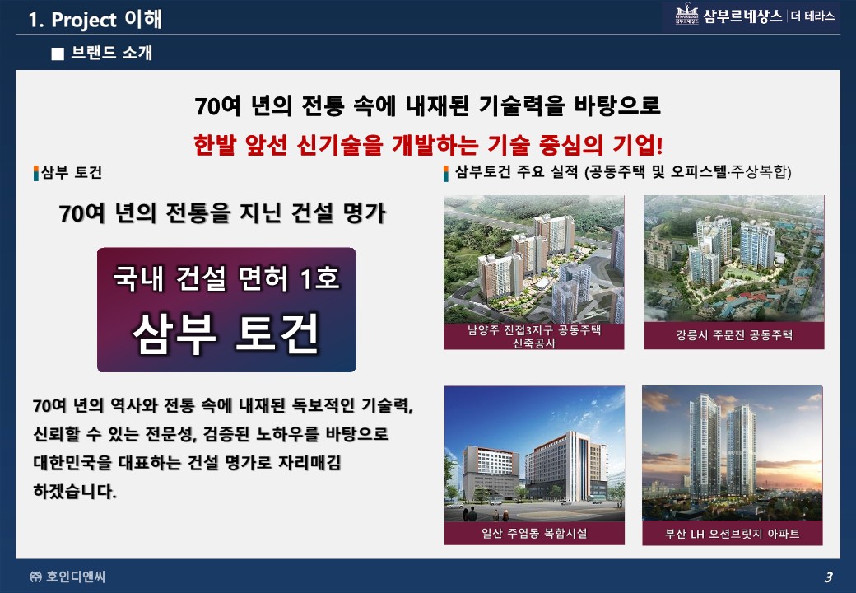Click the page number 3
tap(828, 577)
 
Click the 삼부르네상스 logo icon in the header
tap(686, 15)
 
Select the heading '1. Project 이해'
tap(95, 19)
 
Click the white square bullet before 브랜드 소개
tap(58, 54)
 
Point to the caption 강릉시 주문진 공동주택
tap(733, 334)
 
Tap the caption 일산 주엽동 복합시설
tap(534, 533)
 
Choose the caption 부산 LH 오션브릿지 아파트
tap(732, 534)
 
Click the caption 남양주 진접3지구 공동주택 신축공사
tap(534, 336)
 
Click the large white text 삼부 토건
tap(226, 334)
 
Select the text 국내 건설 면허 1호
tap(226, 278)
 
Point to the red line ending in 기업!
tap(428, 145)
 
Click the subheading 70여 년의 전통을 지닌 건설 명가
tap(222, 213)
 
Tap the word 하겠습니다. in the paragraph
tap(75, 491)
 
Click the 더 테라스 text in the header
tap(813, 16)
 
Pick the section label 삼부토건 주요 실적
tap(516, 172)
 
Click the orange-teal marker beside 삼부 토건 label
tap(36, 173)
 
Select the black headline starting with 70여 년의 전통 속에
tap(427, 105)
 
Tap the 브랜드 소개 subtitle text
tap(111, 53)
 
